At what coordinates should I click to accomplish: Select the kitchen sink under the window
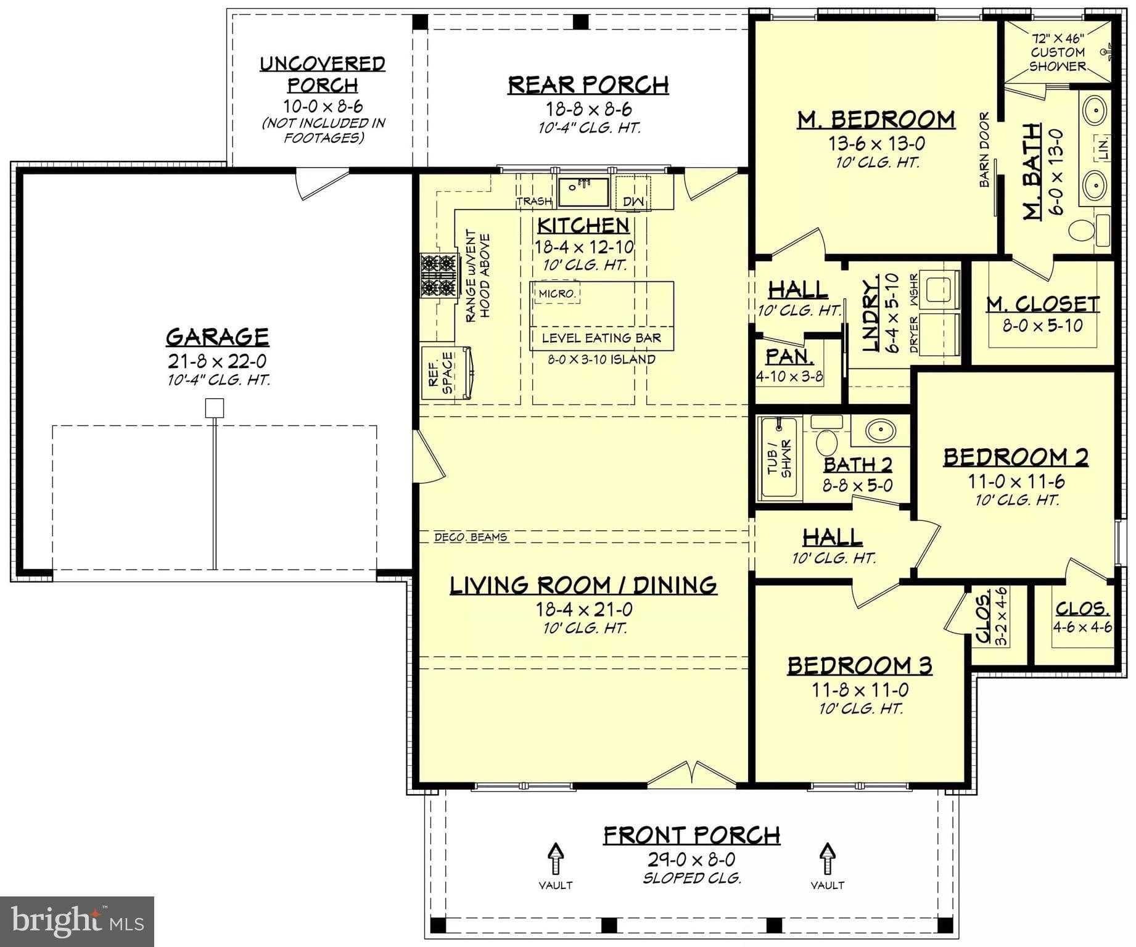click(583, 192)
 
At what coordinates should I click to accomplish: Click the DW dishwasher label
click(633, 201)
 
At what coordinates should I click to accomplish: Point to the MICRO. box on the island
click(557, 293)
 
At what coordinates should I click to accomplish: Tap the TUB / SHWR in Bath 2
click(778, 458)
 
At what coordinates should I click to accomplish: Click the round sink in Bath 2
click(881, 430)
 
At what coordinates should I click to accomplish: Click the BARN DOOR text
click(984, 150)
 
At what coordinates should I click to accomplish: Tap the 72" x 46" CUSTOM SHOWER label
click(1058, 52)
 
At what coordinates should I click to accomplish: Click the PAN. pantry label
click(789, 357)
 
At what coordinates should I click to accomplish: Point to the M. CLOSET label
click(1042, 304)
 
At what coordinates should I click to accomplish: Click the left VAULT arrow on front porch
click(555, 858)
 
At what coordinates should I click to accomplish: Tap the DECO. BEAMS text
click(471, 537)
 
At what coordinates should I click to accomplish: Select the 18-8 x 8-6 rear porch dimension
click(588, 109)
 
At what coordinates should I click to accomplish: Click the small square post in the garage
click(213, 408)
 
